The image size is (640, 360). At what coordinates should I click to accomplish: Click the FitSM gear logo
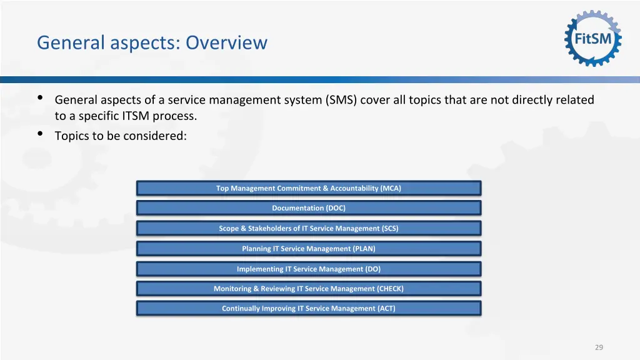(x=593, y=39)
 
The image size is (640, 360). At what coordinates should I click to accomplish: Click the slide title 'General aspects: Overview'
(x=152, y=42)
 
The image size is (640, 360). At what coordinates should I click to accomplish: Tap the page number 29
(x=599, y=347)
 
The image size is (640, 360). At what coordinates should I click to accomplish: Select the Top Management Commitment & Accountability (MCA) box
(x=309, y=188)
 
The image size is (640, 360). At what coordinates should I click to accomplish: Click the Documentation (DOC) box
(x=309, y=208)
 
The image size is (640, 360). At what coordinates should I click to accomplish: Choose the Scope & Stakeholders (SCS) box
(x=309, y=228)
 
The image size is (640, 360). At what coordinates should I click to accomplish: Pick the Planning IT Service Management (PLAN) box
(x=309, y=249)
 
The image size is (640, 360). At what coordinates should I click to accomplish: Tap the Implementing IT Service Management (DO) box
(x=309, y=269)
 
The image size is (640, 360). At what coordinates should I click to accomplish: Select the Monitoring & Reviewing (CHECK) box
(x=309, y=289)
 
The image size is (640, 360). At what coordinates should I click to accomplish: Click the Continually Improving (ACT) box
(x=309, y=308)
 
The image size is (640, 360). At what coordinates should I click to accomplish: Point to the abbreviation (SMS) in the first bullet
(x=341, y=100)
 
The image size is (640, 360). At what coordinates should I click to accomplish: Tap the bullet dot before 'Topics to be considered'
(x=41, y=134)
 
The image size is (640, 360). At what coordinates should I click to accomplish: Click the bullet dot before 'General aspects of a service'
(x=41, y=99)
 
